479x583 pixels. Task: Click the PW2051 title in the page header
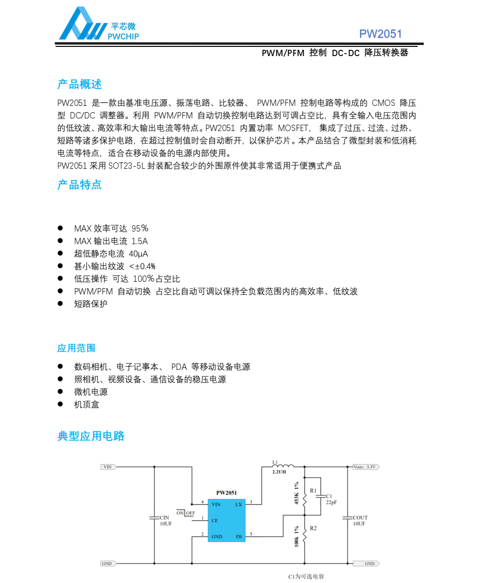380,34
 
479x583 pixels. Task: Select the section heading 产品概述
79,85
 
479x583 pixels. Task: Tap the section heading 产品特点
79,185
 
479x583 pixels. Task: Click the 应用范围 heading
76,348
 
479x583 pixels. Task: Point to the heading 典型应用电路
91,436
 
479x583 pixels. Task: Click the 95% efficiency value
140,228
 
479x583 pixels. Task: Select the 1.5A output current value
139,241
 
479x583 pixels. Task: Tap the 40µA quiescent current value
138,253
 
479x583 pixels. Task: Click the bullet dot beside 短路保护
60,304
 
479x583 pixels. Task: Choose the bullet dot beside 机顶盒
60,404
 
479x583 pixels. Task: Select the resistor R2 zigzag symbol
305,535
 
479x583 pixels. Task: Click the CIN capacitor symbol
154,518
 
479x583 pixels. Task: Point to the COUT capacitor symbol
348,518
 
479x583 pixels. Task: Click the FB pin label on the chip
239,537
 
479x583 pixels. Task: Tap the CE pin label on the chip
215,521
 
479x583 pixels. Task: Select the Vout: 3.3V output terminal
366,467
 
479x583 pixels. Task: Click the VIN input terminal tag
108,467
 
